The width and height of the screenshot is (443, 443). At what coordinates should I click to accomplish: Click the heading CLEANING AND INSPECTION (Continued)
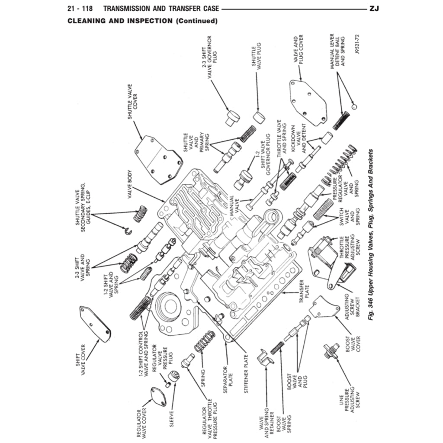(142, 21)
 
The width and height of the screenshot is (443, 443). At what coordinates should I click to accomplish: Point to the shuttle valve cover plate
(158, 159)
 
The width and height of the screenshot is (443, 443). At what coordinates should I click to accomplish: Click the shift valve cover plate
(95, 323)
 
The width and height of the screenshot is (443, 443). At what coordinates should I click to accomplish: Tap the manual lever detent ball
(354, 106)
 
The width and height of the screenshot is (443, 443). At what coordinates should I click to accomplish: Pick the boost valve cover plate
(322, 307)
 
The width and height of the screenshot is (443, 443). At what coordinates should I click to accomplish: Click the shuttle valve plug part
(259, 117)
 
